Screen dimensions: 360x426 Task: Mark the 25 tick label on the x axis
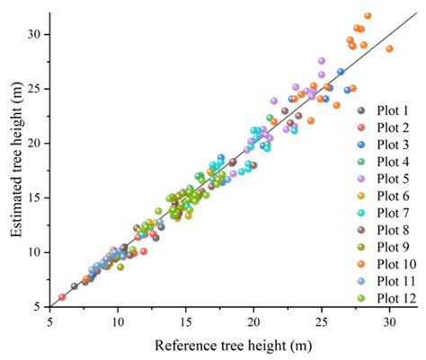pos(322,321)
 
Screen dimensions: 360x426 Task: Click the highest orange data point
pos(368,16)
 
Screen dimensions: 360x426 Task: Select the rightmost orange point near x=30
pos(389,49)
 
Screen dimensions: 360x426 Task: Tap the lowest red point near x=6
pos(62,297)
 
